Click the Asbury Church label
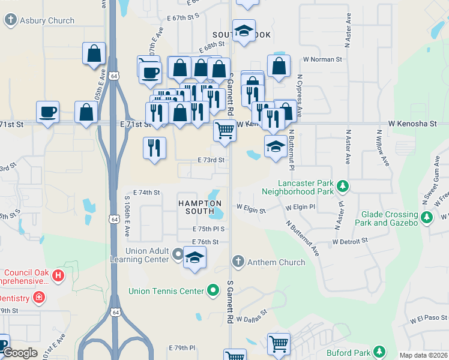click(x=47, y=20)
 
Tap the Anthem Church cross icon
click(x=238, y=262)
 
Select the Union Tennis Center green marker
click(x=212, y=292)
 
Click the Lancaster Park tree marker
click(x=343, y=187)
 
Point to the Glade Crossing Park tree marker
click(x=427, y=218)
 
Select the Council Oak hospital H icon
click(x=58, y=276)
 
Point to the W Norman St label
click(x=322, y=59)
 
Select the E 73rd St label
click(x=211, y=160)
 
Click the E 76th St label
click(x=205, y=241)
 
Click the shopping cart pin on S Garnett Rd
click(x=224, y=130)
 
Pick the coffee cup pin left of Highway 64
click(x=47, y=112)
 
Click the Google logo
click(x=20, y=353)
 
